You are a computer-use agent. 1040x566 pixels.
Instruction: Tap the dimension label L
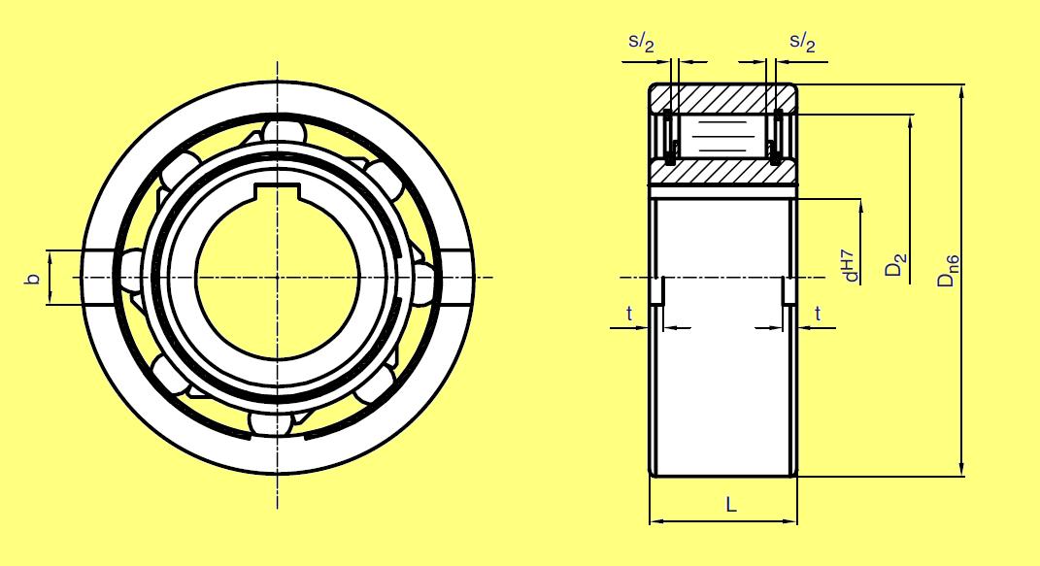731,505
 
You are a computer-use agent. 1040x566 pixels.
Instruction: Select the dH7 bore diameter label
852,262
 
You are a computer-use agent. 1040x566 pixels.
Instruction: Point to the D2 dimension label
896,265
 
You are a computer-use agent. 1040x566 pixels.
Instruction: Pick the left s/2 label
641,43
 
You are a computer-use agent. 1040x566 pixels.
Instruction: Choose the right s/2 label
802,43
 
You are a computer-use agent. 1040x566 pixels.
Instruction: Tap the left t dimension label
629,314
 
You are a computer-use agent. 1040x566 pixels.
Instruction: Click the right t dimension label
818,314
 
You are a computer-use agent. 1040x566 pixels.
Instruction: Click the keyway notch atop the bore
278,190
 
